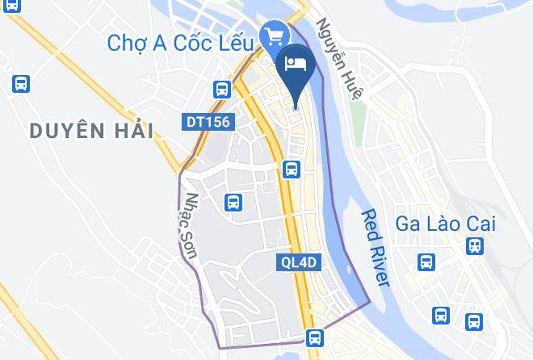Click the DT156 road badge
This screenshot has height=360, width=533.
pos(208,123)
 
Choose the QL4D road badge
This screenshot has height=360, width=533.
pos(300,262)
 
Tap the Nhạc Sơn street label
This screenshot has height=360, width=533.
pos(191,225)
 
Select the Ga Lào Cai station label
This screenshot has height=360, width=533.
pos(446,224)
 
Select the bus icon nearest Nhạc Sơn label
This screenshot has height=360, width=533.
pos(233,202)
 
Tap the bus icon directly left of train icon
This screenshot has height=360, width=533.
pos(426,262)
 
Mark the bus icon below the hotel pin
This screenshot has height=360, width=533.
pos(292,170)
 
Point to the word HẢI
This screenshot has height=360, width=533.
pos(131,130)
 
